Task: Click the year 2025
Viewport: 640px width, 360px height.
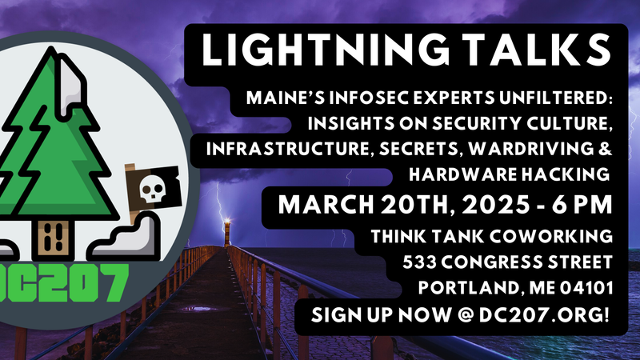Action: click(472, 205)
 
